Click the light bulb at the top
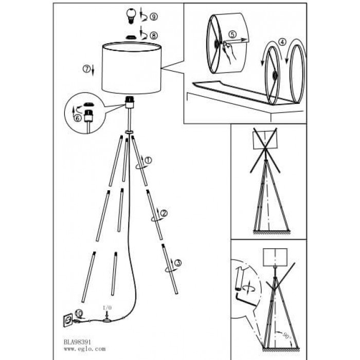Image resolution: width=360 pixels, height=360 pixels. pyautogui.click(x=131, y=15)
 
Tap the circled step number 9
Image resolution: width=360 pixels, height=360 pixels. pyautogui.click(x=154, y=16)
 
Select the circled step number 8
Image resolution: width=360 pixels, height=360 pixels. pyautogui.click(x=154, y=35)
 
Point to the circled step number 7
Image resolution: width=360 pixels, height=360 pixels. pyautogui.click(x=86, y=69)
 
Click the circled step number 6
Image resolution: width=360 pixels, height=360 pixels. pyautogui.click(x=78, y=118)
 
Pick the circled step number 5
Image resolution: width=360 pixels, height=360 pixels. pyautogui.click(x=232, y=34)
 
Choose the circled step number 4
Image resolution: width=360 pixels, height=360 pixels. pyautogui.click(x=282, y=42)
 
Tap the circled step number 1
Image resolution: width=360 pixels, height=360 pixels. pyautogui.click(x=148, y=160)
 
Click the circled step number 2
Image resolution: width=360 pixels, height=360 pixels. pyautogui.click(x=164, y=213)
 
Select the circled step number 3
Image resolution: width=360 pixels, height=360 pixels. pyautogui.click(x=178, y=263)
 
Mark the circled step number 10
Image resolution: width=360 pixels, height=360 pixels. pyautogui.click(x=79, y=313)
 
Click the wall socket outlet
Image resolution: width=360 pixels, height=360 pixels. pyautogui.click(x=68, y=320)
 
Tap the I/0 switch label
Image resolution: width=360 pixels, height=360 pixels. pyautogui.click(x=107, y=308)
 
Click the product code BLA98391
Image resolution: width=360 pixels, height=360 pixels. pyautogui.click(x=77, y=342)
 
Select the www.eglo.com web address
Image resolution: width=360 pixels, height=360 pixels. pyautogui.click(x=85, y=349)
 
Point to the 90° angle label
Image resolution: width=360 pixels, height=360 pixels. pyautogui.click(x=286, y=336)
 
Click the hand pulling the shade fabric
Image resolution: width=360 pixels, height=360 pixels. pyautogui.click(x=229, y=51)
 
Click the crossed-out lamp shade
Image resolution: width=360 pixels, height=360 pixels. pyautogui.click(x=265, y=140)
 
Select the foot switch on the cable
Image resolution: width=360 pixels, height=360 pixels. pyautogui.click(x=106, y=320)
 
